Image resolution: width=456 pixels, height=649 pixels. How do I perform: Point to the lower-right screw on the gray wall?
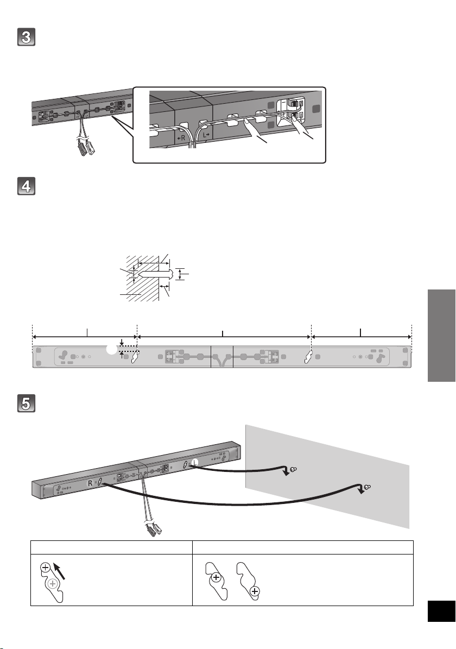tap(368, 487)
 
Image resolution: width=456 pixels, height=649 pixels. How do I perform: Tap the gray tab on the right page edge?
tap(440, 336)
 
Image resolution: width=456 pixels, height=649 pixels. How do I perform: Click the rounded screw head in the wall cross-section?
tap(170, 274)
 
